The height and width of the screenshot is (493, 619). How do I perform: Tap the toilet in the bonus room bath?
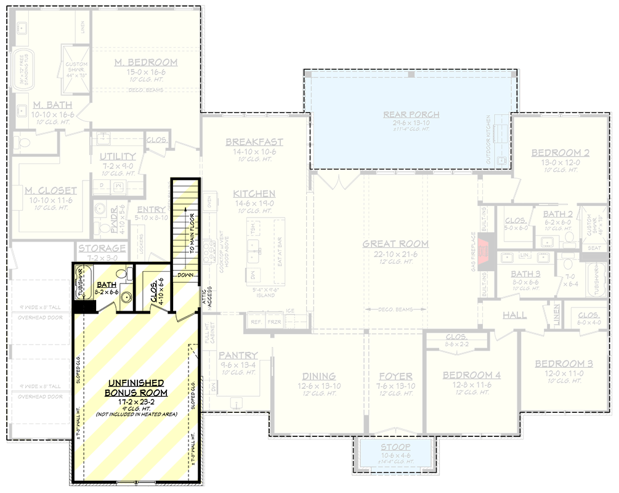click(126, 274)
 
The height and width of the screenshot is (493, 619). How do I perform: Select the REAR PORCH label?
click(411, 114)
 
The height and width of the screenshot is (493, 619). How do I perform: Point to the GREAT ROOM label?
click(395, 243)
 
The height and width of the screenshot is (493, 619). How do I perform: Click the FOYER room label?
click(395, 376)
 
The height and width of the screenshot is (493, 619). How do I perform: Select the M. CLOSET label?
click(51, 190)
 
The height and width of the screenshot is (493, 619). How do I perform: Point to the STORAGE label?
click(102, 248)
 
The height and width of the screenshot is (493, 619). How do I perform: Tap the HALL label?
click(514, 315)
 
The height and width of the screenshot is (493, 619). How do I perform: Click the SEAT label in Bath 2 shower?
click(595, 248)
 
